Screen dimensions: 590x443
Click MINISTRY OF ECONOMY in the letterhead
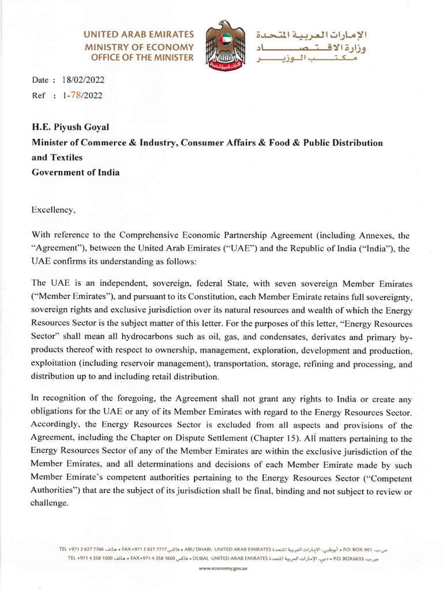139,46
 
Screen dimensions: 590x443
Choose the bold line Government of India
76,172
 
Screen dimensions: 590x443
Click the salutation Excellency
53,210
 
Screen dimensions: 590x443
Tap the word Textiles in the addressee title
66,157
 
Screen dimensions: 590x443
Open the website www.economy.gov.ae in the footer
221,568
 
